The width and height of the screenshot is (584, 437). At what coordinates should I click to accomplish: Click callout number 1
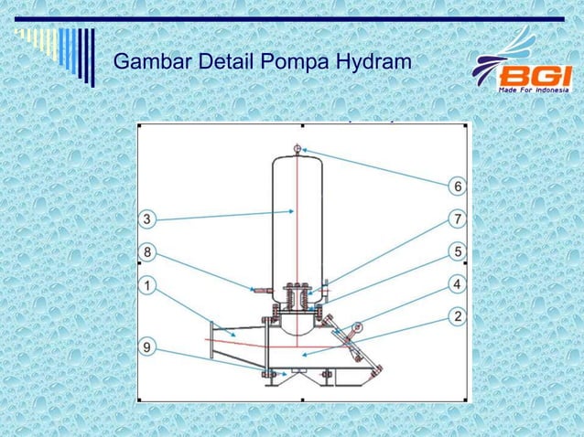(146, 285)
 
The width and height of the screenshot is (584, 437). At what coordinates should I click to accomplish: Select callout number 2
(455, 316)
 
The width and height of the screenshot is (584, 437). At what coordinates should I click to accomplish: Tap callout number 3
(146, 218)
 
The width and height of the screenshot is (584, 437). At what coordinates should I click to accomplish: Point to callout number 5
(455, 250)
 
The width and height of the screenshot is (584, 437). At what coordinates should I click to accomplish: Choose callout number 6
(455, 187)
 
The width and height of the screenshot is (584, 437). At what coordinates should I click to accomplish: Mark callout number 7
(455, 218)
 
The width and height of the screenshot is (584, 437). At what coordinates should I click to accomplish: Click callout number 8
(146, 250)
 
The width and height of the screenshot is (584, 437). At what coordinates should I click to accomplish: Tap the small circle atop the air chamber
(297, 149)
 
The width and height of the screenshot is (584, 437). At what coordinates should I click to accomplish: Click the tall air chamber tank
(297, 219)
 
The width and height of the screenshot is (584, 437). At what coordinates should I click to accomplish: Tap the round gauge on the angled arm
(358, 325)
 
